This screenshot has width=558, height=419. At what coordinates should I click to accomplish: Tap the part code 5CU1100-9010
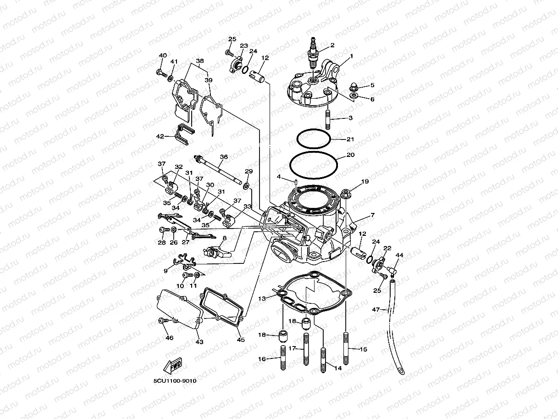(175, 381)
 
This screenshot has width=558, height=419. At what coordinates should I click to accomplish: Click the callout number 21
(350, 139)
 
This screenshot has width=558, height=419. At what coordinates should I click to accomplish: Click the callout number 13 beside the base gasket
(262, 298)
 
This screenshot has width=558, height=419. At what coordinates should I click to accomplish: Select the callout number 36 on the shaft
(223, 157)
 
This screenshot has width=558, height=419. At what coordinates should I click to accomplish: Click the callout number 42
(160, 136)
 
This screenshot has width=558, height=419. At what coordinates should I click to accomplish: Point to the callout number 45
(241, 340)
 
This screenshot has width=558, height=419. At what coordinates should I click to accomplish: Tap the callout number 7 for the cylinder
(372, 215)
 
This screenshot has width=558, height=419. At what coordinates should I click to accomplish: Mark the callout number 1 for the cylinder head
(351, 56)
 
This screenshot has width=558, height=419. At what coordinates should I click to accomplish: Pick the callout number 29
(248, 171)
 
